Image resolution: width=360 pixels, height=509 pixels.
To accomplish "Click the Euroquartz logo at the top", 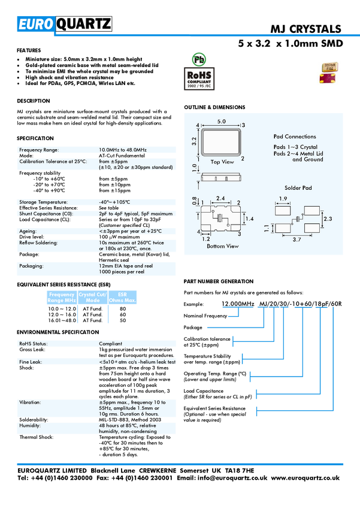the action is click(65, 24).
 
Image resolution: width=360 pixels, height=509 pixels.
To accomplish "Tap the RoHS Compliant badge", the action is click(199, 78).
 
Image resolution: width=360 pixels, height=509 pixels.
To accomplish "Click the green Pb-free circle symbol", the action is click(199, 59).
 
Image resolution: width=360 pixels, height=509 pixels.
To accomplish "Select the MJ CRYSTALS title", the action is click(305, 29).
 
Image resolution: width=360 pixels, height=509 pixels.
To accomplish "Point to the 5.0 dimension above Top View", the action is click(222, 122).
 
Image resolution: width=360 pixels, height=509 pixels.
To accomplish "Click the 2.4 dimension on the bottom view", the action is click(220, 198).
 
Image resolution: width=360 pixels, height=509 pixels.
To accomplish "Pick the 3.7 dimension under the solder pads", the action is click(297, 240).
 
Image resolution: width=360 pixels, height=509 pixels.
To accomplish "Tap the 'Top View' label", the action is click(222, 162).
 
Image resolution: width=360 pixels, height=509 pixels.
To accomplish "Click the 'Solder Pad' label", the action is click(298, 188).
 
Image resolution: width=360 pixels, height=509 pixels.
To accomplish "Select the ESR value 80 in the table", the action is click(123, 309).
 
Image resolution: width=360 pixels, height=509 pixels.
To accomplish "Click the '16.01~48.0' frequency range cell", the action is click(62, 320).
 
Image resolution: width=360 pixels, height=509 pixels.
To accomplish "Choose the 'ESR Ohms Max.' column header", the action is click(122, 298).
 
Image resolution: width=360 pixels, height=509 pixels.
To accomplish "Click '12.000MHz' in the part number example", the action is click(238, 304).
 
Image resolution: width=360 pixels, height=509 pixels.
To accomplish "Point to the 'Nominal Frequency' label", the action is click(205, 316).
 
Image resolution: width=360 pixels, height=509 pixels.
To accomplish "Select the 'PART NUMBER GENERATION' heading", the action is click(219, 281).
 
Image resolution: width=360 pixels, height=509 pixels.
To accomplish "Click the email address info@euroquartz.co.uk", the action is click(232, 478).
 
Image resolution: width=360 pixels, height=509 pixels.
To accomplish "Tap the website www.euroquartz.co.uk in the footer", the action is click(305, 478).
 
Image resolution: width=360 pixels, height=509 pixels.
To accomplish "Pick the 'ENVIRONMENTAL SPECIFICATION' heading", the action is click(58, 332).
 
